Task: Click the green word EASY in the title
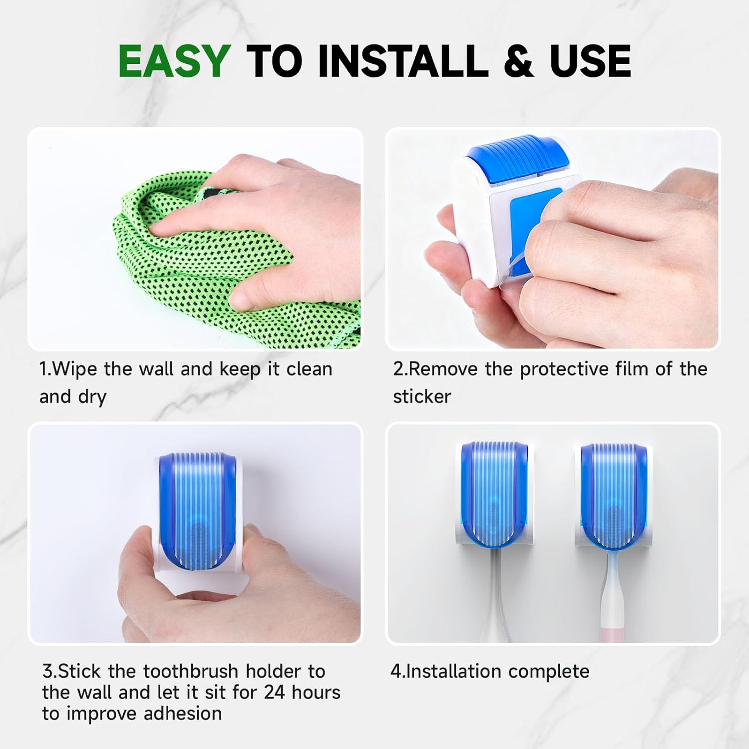pyautogui.click(x=174, y=61)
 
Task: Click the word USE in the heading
pyautogui.click(x=590, y=61)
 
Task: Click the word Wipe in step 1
pyautogui.click(x=75, y=369)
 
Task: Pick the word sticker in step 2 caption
pyautogui.click(x=422, y=396)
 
